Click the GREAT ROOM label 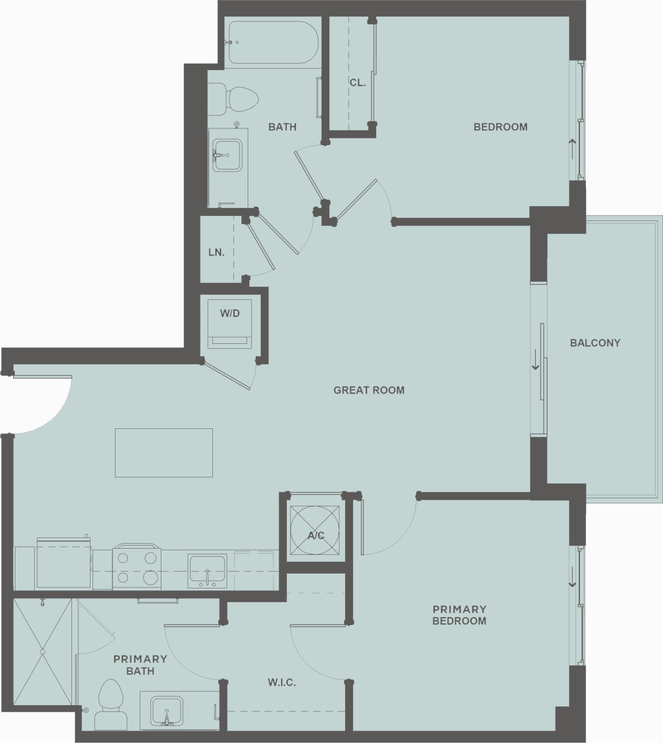[369, 390]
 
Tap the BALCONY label [595, 343]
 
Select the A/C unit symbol [315, 531]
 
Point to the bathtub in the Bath [273, 42]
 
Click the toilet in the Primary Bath [111, 705]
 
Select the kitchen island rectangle [163, 453]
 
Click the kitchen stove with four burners [137, 567]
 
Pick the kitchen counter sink [207, 570]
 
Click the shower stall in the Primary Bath [42, 651]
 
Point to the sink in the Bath [227, 155]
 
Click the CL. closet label [357, 83]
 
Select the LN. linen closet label [216, 253]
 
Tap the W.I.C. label [282, 683]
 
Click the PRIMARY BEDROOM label [459, 615]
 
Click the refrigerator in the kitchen [63, 565]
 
